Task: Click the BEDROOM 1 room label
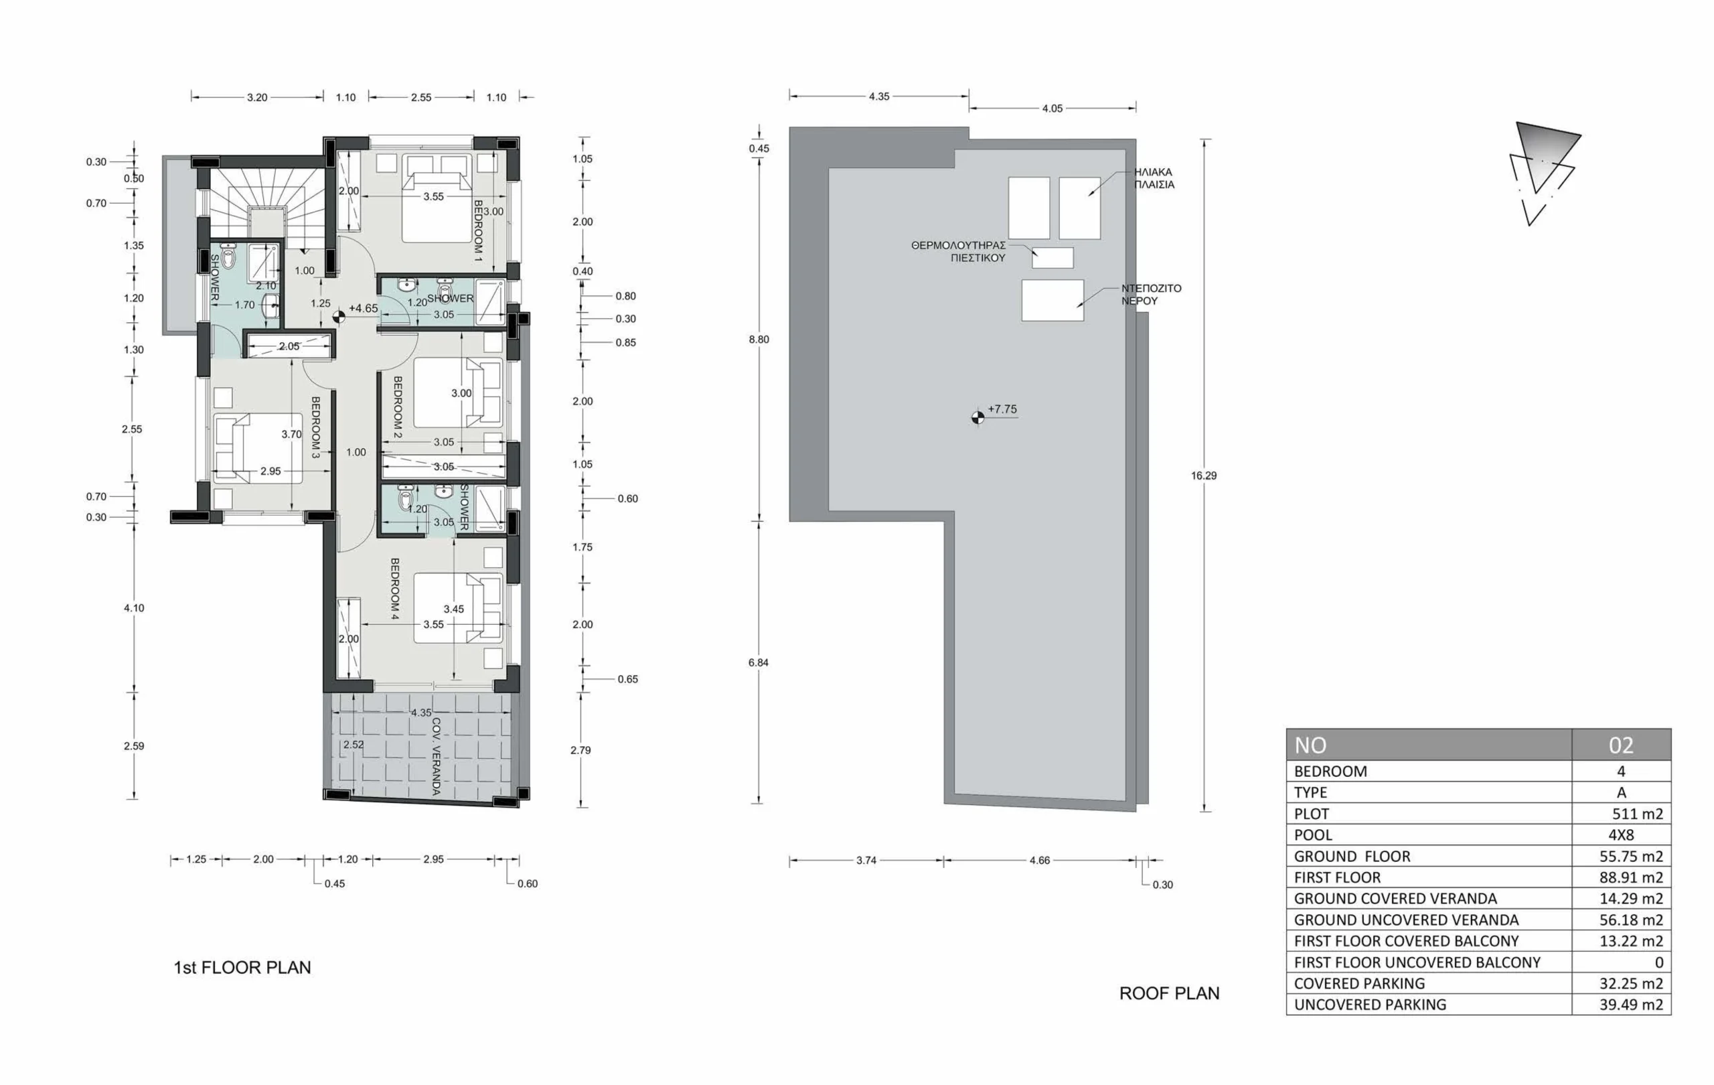click(477, 230)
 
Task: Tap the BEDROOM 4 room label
click(395, 589)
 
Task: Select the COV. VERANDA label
click(436, 756)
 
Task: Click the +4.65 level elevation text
click(363, 308)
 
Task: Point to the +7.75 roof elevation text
click(1002, 409)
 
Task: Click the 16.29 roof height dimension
click(1204, 476)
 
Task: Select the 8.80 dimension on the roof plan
click(759, 340)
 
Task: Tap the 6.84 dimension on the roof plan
click(758, 663)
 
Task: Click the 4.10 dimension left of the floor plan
click(134, 608)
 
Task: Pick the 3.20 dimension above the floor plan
click(257, 98)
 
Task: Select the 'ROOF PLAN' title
click(1170, 993)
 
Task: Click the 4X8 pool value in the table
click(1621, 835)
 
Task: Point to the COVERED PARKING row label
click(1360, 983)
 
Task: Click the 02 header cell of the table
click(1621, 745)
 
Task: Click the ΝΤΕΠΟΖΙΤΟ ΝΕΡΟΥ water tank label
click(1151, 295)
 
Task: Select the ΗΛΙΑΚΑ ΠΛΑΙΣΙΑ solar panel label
click(1154, 178)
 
